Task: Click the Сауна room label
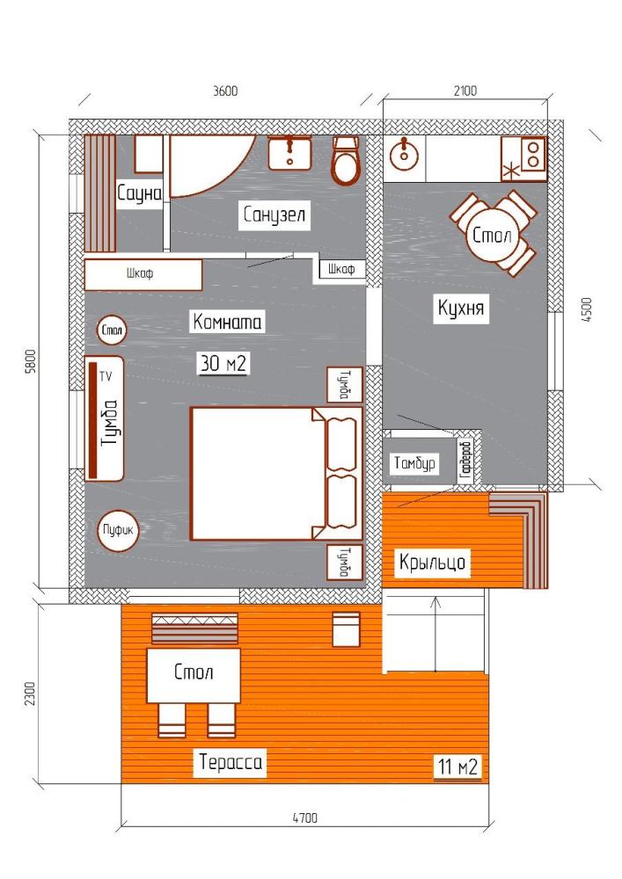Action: click(x=140, y=193)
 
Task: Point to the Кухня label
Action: click(x=460, y=308)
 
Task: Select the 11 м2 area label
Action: click(x=458, y=766)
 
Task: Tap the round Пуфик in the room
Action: click(x=119, y=530)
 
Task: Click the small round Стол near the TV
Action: click(x=113, y=331)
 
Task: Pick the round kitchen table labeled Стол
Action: click(x=492, y=235)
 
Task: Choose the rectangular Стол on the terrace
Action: click(x=194, y=676)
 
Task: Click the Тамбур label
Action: click(x=414, y=463)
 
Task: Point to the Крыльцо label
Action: click(x=433, y=562)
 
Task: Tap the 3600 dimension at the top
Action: click(x=225, y=91)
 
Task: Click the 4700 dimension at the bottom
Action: click(x=304, y=817)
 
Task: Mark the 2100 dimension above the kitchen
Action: click(x=465, y=91)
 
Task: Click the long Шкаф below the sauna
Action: click(x=143, y=274)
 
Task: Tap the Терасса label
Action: click(x=231, y=762)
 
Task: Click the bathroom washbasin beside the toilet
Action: click(x=289, y=153)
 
